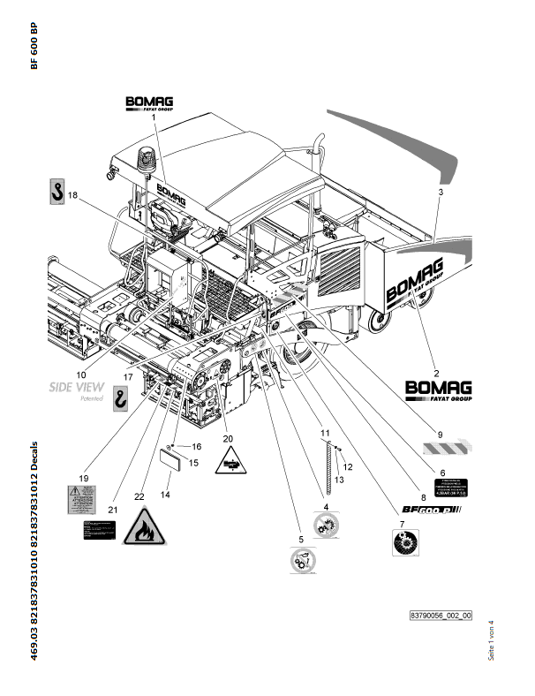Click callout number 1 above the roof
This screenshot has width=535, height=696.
pos(153,117)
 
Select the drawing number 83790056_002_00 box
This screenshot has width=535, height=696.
pos(441,615)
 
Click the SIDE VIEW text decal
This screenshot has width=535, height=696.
pos(77,387)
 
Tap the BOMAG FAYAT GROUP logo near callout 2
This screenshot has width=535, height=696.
pos(438,390)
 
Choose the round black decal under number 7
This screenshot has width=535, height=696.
pos(404,541)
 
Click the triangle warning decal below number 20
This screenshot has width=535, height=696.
pos(231,460)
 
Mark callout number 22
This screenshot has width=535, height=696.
pos(138,497)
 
